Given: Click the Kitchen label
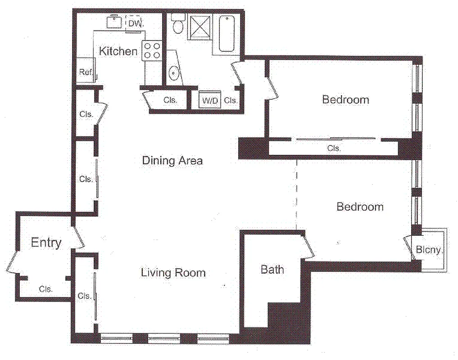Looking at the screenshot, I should tap(118, 51).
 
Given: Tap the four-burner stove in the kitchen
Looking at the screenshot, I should tap(152, 50).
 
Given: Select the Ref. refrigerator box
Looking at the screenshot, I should tap(86, 72).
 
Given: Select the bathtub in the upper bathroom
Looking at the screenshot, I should tap(226, 34).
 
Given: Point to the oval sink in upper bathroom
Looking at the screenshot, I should tap(174, 73).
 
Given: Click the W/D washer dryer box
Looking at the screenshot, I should tap(210, 101).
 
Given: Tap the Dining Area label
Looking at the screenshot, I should tap(172, 161).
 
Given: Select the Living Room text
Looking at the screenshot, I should tap(173, 273).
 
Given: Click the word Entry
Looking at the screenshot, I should tap(46, 243).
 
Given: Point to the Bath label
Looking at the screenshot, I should tap(272, 270).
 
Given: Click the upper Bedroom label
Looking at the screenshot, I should tap(345, 99).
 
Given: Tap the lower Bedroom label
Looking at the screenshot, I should tap(360, 207).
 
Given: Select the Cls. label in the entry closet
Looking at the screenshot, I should tap(45, 289).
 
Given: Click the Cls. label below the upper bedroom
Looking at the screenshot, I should tap(334, 148).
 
